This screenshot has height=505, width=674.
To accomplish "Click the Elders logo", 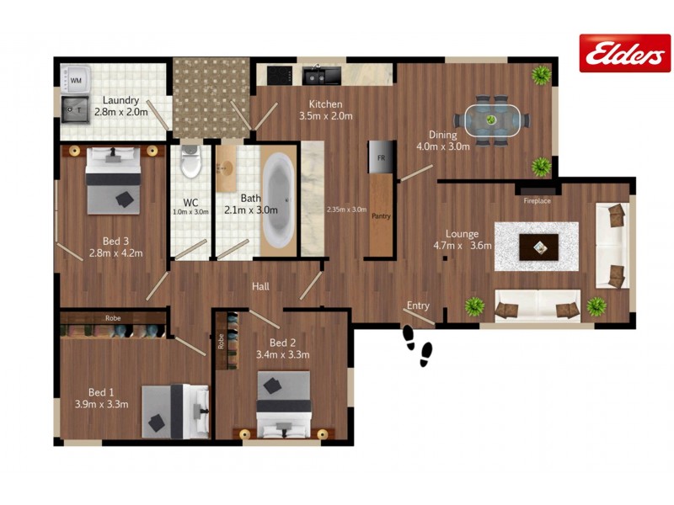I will (624, 53).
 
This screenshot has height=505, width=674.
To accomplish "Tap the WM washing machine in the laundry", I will (76, 80).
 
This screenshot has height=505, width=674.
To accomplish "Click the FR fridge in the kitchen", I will (380, 157).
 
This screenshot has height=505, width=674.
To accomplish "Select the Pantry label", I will (381, 215).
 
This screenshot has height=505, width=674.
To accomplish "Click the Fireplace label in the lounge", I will (537, 201).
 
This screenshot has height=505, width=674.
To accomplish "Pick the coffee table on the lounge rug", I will (537, 247).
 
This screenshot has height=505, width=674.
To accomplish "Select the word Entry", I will (418, 305).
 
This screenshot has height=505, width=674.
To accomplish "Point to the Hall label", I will (260, 287).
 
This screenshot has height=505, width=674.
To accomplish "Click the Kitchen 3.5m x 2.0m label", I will (325, 109).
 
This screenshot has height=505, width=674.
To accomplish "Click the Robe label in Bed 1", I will (113, 319).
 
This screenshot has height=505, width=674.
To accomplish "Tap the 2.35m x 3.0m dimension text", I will (346, 210).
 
